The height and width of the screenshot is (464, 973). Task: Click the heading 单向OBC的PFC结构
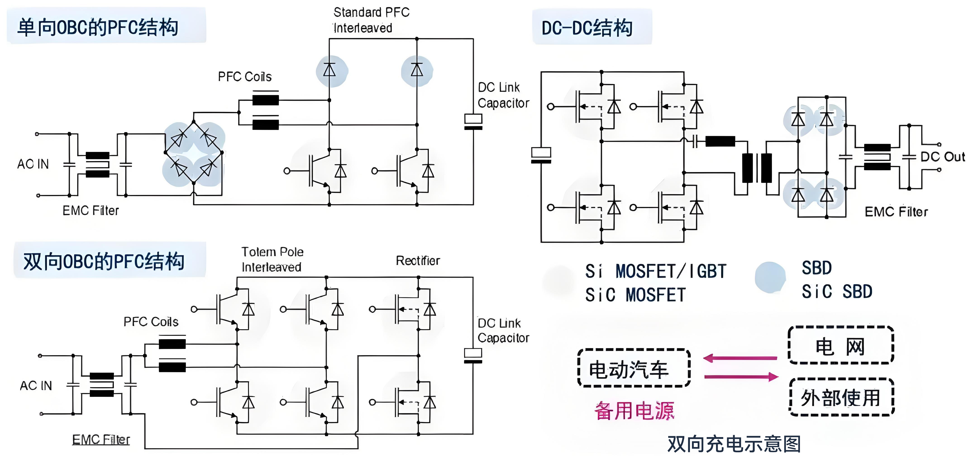tap(98, 27)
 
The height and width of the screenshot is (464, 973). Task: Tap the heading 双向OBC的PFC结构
tap(104, 261)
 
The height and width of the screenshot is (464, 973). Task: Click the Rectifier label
tap(418, 260)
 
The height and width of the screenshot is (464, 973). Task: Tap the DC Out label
tap(942, 156)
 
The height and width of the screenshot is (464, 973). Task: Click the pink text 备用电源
tap(634, 411)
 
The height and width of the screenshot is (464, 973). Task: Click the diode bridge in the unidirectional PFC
tap(193, 153)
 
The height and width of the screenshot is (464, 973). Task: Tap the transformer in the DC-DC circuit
tap(757, 168)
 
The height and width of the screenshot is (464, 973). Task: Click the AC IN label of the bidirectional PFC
tap(36, 386)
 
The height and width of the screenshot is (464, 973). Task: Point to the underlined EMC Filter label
tap(101, 439)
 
